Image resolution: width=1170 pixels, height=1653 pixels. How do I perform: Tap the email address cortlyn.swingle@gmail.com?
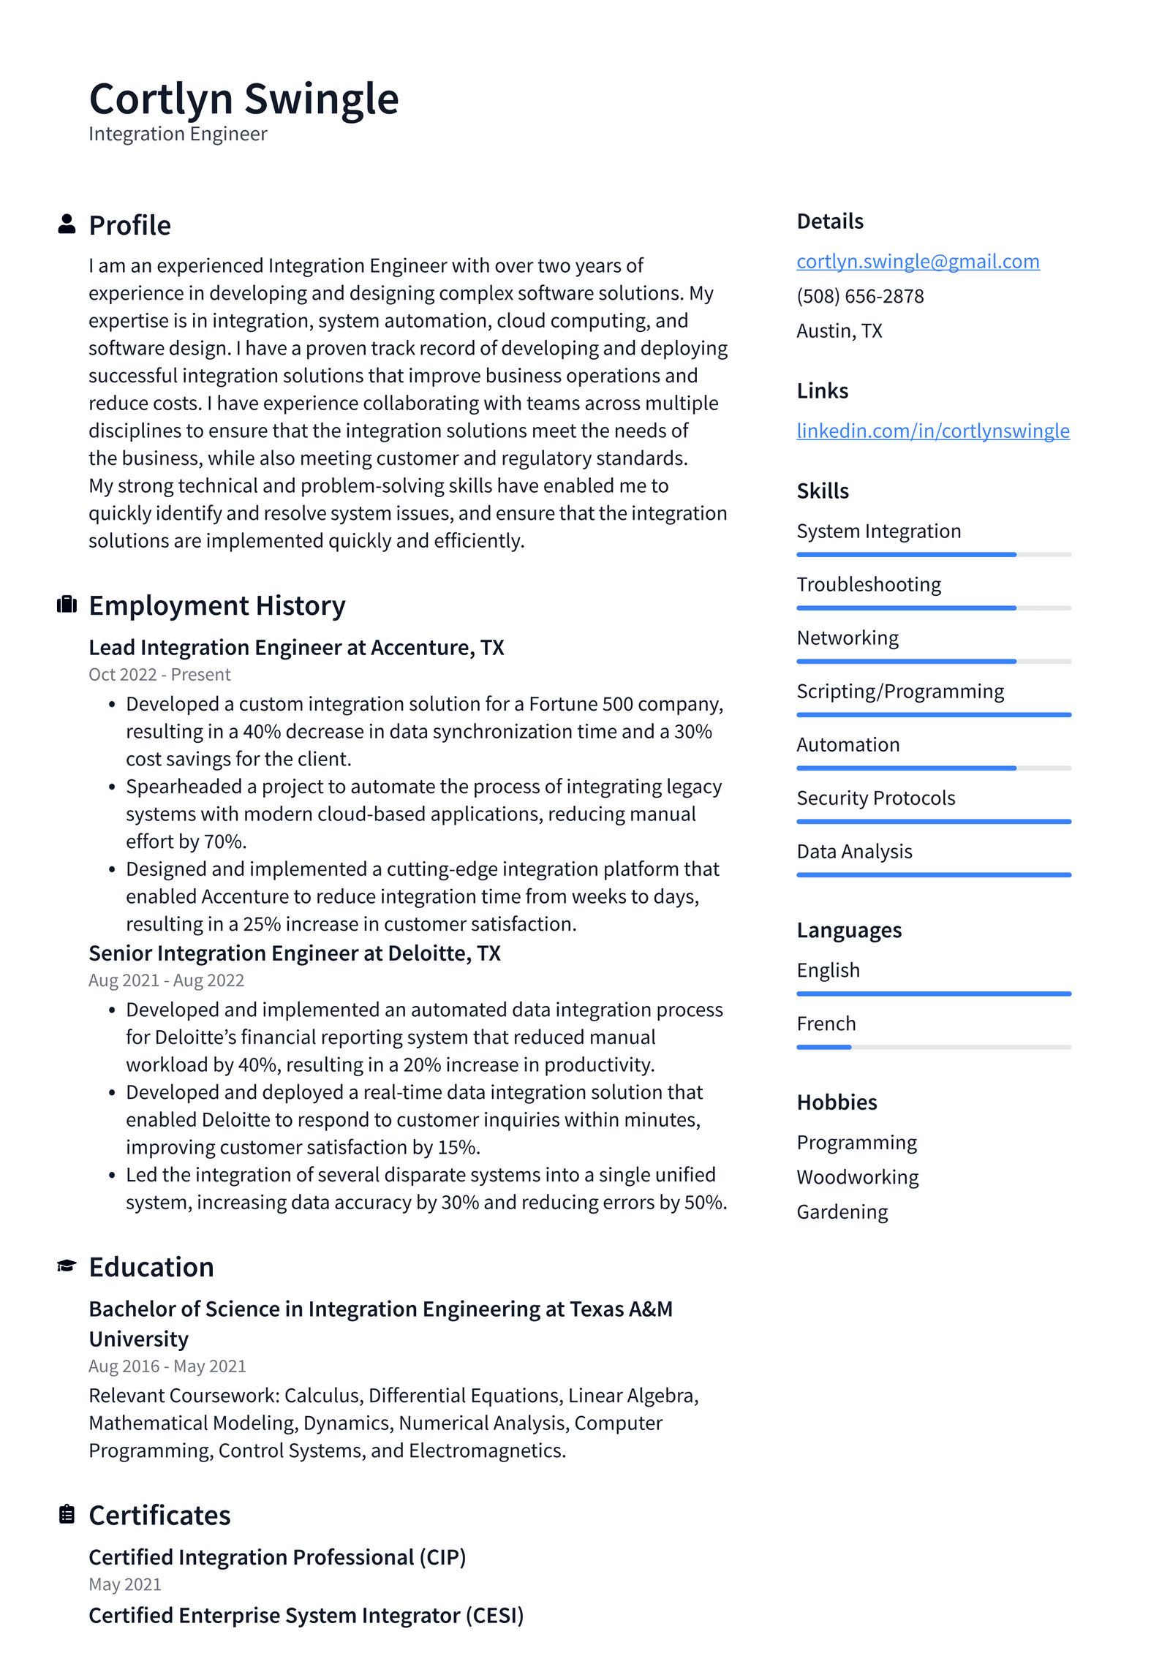pos(917,261)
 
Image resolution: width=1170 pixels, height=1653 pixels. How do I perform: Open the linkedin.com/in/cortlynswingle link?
pos(932,431)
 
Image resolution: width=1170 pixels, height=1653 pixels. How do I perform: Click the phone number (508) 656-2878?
pos(860,296)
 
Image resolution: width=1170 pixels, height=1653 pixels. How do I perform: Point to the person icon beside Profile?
pos(67,224)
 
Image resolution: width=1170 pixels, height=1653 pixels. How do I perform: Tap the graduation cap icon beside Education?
pos(67,1266)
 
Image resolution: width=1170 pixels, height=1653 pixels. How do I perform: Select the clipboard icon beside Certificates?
pos(67,1514)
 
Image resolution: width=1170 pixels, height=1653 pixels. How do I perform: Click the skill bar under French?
pos(933,1047)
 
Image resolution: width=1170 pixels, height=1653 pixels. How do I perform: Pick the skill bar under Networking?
pos(933,661)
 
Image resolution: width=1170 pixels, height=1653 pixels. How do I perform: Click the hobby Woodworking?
pos(857,1176)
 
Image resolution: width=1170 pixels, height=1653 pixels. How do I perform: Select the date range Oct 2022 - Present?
pos(159,674)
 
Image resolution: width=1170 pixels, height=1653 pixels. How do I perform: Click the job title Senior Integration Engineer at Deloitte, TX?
pos(294,953)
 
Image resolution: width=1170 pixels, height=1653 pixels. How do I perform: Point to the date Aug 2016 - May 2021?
pos(167,1366)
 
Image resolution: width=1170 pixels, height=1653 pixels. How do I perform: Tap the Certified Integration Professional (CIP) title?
pos(277,1556)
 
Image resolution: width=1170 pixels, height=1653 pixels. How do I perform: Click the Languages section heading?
pos(848,930)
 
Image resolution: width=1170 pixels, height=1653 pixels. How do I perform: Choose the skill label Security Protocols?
pos(875,798)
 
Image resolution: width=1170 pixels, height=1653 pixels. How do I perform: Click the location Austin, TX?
pos(839,331)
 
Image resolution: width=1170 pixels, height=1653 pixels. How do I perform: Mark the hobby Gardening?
pos(842,1211)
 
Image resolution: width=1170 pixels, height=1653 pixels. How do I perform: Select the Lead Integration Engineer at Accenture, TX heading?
pos(296,647)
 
